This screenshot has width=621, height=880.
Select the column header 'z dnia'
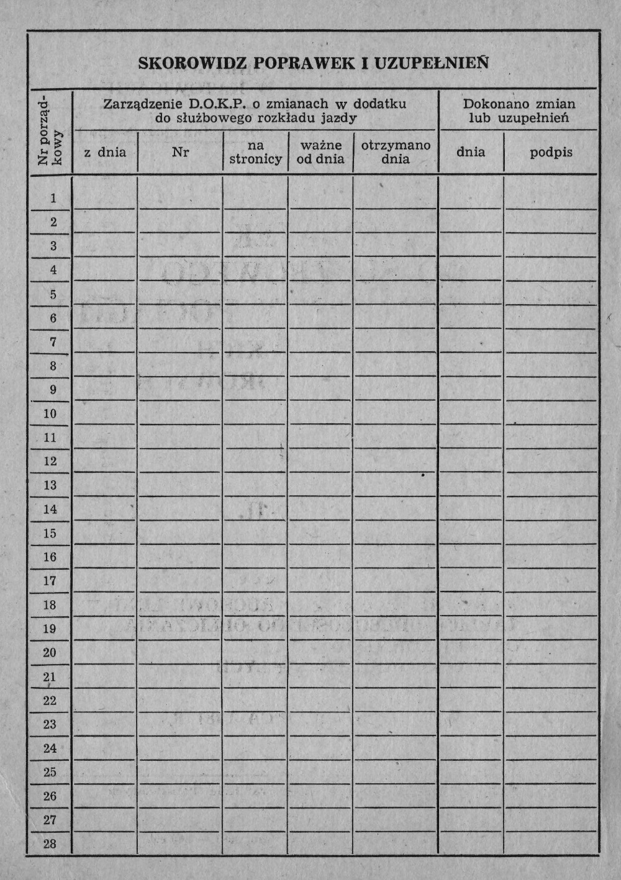(105, 152)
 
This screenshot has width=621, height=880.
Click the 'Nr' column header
(180, 152)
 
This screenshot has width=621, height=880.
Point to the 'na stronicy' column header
(255, 153)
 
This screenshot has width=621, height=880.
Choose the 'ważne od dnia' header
(320, 152)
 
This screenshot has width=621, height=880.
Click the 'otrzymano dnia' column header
(396, 152)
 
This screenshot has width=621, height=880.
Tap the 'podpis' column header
(551, 152)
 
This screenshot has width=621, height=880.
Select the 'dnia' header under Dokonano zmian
(471, 151)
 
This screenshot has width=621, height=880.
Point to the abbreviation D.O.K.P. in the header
(214, 104)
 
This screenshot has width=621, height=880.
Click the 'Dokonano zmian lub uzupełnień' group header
(519, 110)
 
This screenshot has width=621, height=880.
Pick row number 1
(53, 199)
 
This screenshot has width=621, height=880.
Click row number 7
(53, 342)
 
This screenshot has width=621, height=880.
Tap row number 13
(50, 485)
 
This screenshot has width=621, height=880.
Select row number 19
(50, 629)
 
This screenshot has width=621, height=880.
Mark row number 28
(50, 844)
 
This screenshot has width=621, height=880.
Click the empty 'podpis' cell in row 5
(551, 294)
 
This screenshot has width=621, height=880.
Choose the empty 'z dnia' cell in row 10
(105, 413)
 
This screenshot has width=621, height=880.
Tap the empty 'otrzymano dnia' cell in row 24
(396, 748)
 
